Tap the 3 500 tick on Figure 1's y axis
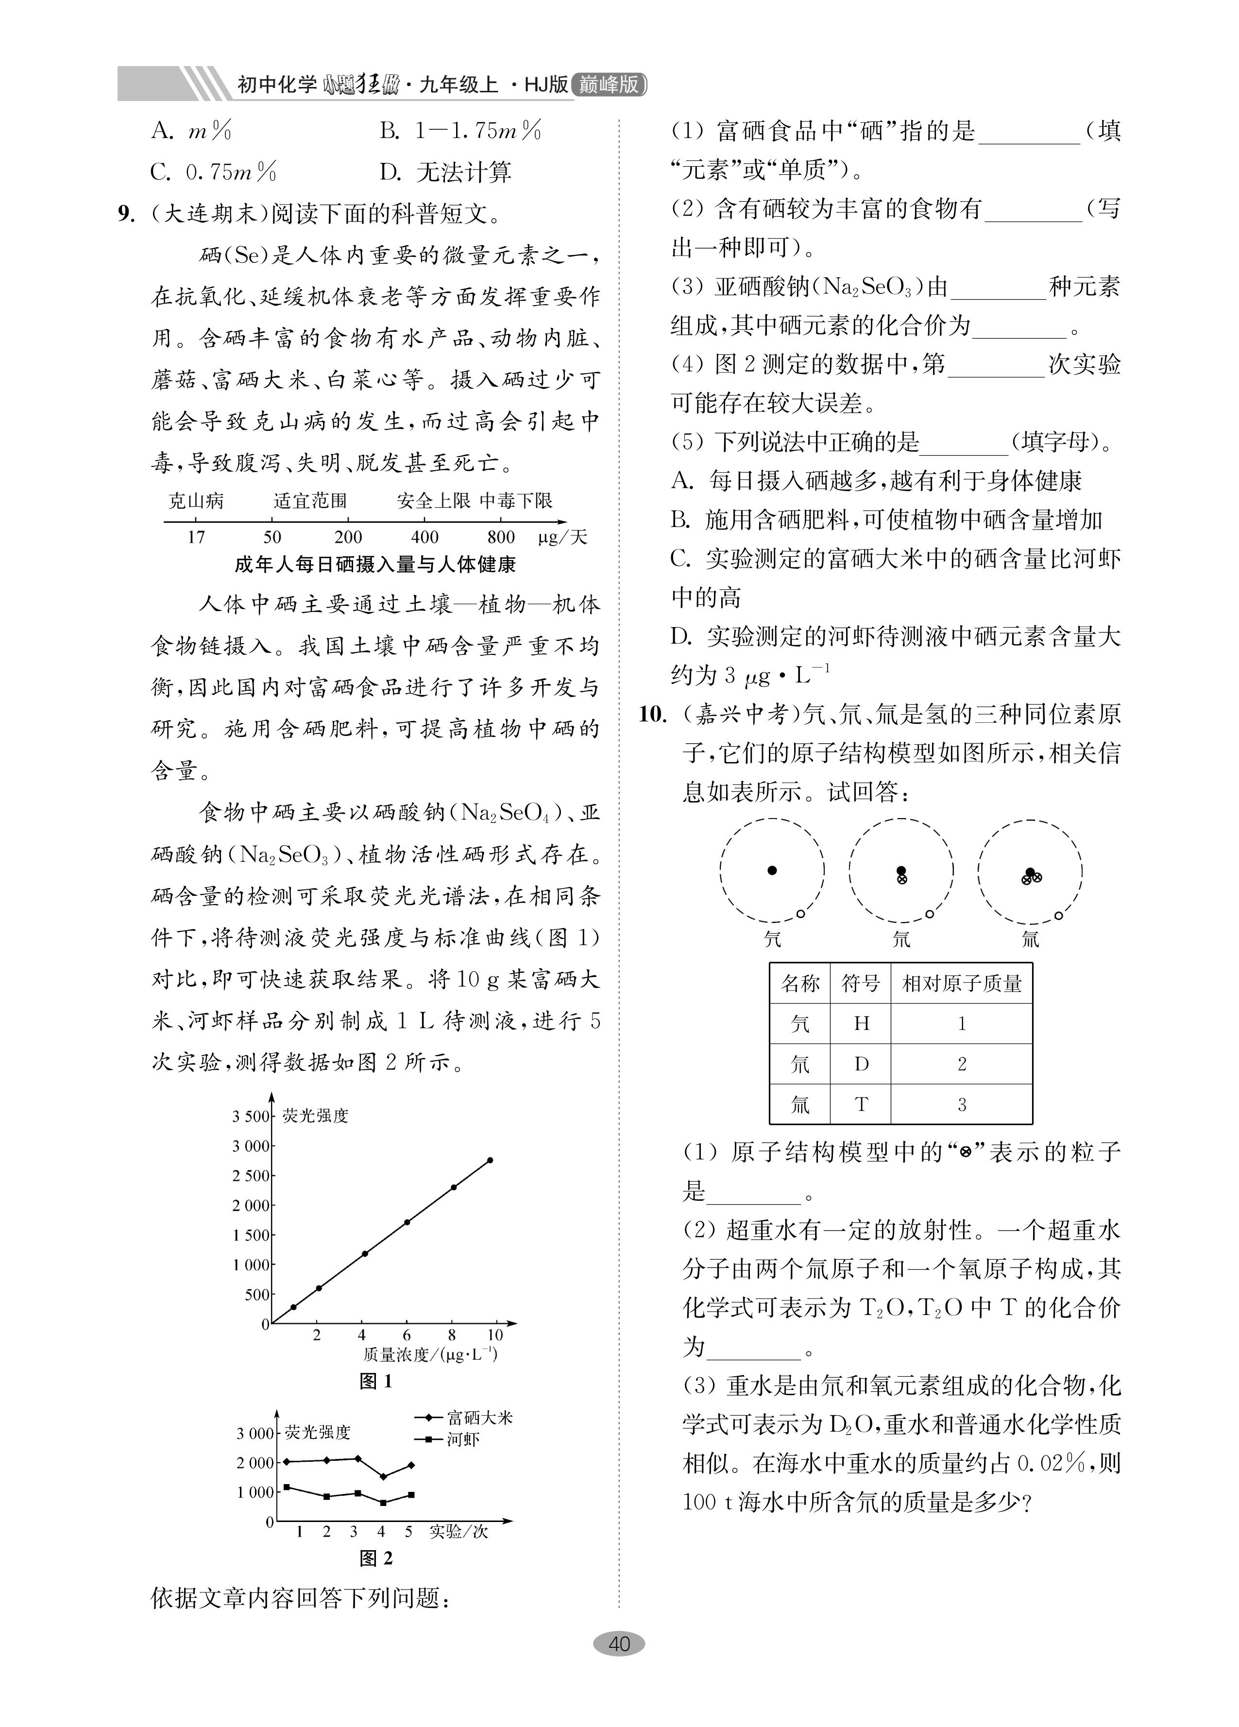pyautogui.click(x=251, y=1117)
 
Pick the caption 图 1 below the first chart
pyautogui.click(x=375, y=1381)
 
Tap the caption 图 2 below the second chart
pyautogui.click(x=375, y=1559)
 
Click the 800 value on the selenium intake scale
pyautogui.click(x=501, y=537)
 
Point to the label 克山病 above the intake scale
pyautogui.click(x=196, y=500)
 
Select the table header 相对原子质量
pyautogui.click(x=961, y=984)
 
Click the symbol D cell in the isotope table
pyautogui.click(x=861, y=1064)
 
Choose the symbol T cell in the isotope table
pyautogui.click(x=861, y=1104)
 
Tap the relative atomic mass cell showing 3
pyautogui.click(x=961, y=1104)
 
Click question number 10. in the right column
pyautogui.click(x=653, y=714)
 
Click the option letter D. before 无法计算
pyautogui.click(x=390, y=172)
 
